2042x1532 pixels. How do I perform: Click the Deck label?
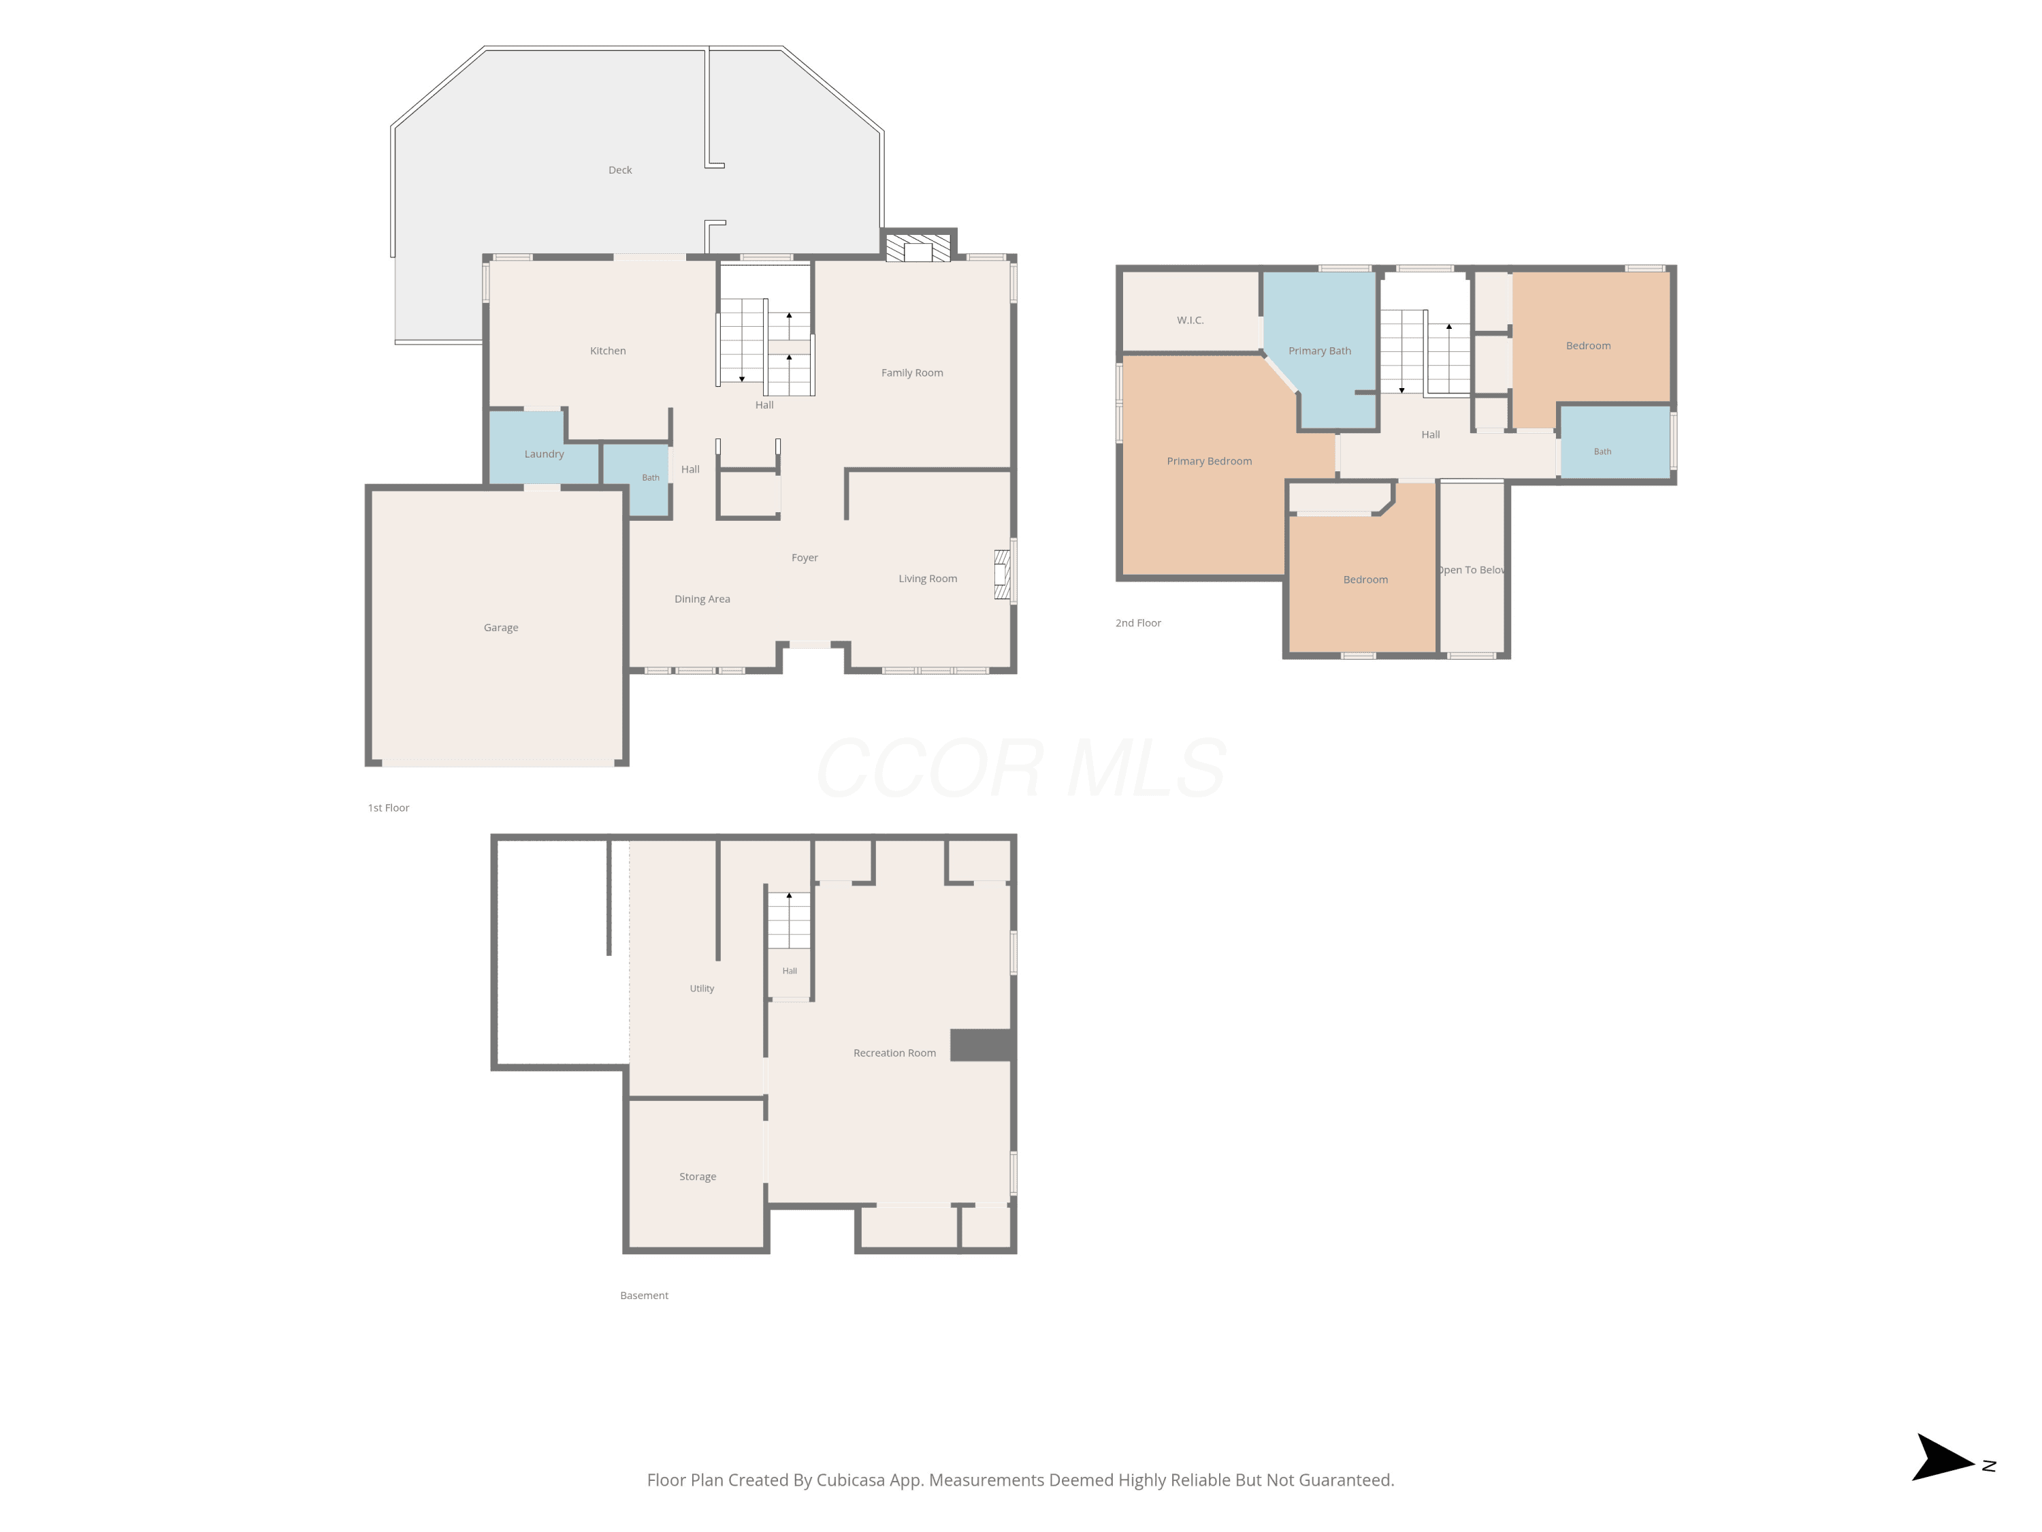pyautogui.click(x=620, y=170)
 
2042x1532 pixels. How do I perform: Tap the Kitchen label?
pyautogui.click(x=607, y=351)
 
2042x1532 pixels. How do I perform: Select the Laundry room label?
pyautogui.click(x=544, y=454)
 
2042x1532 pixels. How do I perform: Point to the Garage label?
pyautogui.click(x=501, y=628)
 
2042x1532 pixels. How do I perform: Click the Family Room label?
pyautogui.click(x=912, y=373)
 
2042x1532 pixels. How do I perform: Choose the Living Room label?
pyautogui.click(x=928, y=579)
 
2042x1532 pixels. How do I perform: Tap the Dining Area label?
pyautogui.click(x=702, y=599)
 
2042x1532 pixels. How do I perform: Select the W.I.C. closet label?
pyautogui.click(x=1190, y=321)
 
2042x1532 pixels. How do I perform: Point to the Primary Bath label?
pyautogui.click(x=1320, y=351)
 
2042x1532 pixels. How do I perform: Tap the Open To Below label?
pyautogui.click(x=1472, y=571)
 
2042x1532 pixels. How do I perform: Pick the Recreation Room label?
pyautogui.click(x=894, y=1053)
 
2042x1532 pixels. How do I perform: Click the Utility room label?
pyautogui.click(x=702, y=989)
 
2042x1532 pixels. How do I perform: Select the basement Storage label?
pyautogui.click(x=698, y=1177)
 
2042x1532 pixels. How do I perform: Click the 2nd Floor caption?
pyautogui.click(x=1138, y=623)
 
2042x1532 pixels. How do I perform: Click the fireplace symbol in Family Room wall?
pyautogui.click(x=918, y=247)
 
